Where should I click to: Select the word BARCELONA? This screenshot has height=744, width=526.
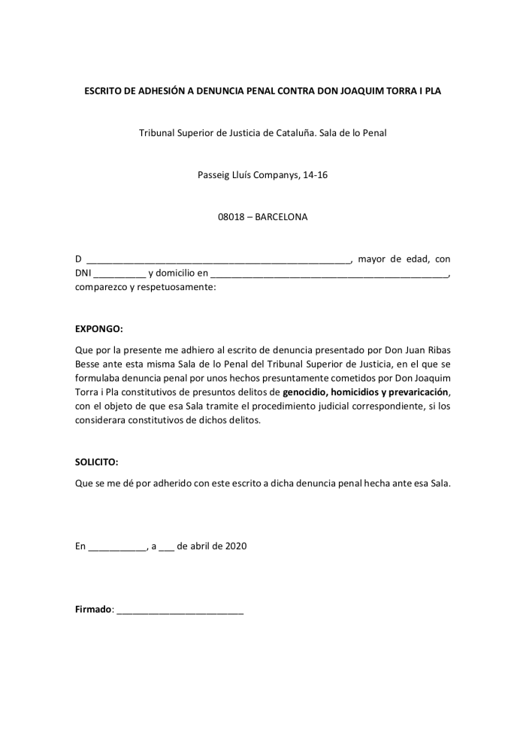pos(281,217)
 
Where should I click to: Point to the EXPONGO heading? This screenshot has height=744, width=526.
pos(98,328)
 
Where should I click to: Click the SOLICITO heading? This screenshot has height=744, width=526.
pos(97,463)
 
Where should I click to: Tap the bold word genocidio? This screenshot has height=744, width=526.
pos(306,392)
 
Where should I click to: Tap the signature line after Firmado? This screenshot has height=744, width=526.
pos(180,609)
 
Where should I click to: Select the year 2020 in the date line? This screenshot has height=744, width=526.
pos(235,546)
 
